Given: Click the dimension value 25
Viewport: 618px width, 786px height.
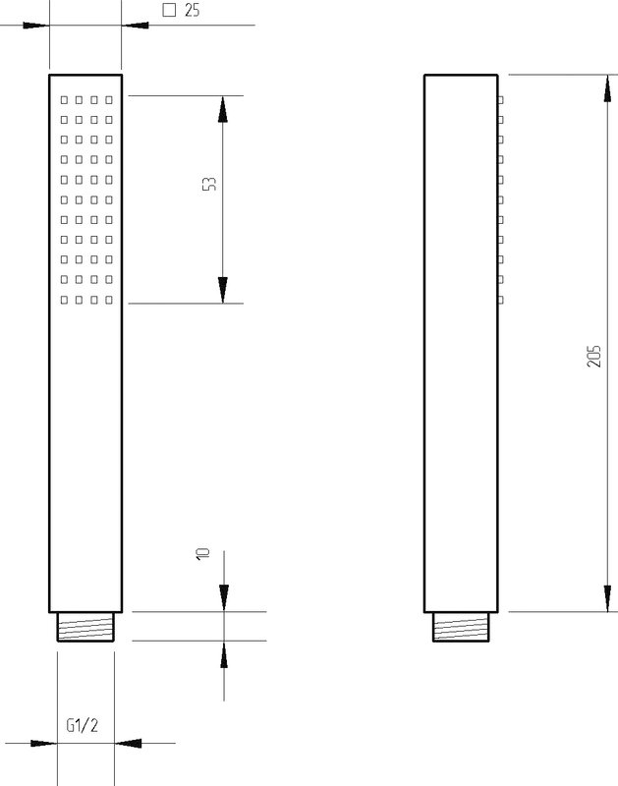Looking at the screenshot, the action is [192, 10].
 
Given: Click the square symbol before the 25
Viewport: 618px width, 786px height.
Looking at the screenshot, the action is [169, 10].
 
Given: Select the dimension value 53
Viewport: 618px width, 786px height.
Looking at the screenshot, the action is [210, 184].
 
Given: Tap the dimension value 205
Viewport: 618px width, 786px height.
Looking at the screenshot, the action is [594, 357].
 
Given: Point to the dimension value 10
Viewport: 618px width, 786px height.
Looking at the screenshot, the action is [202, 553].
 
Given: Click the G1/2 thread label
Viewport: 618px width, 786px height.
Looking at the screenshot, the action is [83, 725].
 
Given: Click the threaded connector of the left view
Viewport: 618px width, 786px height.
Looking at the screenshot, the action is [85, 627].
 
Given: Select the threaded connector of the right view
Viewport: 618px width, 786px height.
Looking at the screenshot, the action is [461, 627].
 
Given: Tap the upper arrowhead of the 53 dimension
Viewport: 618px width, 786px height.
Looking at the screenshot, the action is [223, 109].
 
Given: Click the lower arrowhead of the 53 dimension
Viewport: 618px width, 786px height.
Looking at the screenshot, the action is [223, 290].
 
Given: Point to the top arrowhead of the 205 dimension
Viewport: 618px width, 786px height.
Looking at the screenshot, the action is [607, 88].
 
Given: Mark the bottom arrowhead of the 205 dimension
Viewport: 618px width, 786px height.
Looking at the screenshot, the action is [607, 598].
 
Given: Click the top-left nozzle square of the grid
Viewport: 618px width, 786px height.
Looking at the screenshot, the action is [64, 100].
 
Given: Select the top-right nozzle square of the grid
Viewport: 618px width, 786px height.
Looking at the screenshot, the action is [109, 100].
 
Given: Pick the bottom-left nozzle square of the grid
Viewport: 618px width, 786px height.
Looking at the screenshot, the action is [64, 300].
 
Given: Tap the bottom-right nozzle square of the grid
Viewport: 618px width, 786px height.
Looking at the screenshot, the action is [109, 300].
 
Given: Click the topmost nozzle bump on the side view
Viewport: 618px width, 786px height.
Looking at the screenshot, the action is [500, 100].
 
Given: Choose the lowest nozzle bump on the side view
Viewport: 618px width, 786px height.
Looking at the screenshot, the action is [500, 300].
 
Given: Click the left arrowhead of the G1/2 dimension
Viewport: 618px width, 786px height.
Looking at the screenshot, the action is [43, 743].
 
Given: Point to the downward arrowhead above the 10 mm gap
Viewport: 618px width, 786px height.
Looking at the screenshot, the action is [224, 598].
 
